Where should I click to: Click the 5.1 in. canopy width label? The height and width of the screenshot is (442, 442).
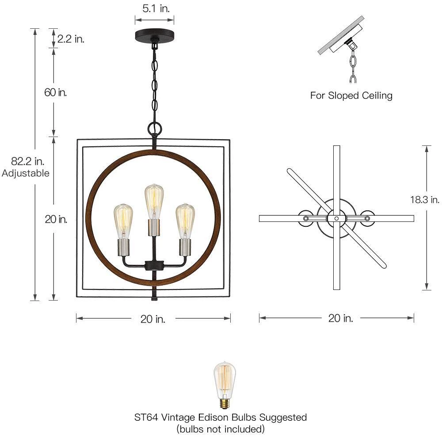coord(154,8)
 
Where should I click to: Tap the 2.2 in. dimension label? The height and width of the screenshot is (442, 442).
coord(71,39)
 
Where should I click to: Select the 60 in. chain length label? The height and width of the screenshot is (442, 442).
coord(56,92)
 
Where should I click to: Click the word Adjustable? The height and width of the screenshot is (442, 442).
coord(26,173)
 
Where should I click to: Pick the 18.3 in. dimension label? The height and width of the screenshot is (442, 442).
coord(424,199)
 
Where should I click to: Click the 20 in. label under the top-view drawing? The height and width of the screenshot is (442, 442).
coord(340,318)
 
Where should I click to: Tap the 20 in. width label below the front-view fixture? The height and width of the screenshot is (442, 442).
coord(153,319)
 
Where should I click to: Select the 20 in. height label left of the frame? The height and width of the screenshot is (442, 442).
coord(56,219)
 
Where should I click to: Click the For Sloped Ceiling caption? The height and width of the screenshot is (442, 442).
coord(351,95)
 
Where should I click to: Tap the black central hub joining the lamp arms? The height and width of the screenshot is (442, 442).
coord(153,266)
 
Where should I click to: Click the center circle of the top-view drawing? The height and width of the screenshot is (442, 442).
coord(336,218)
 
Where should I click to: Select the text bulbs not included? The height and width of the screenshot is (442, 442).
coord(221,429)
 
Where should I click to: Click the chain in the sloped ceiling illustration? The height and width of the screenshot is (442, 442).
coord(353,66)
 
